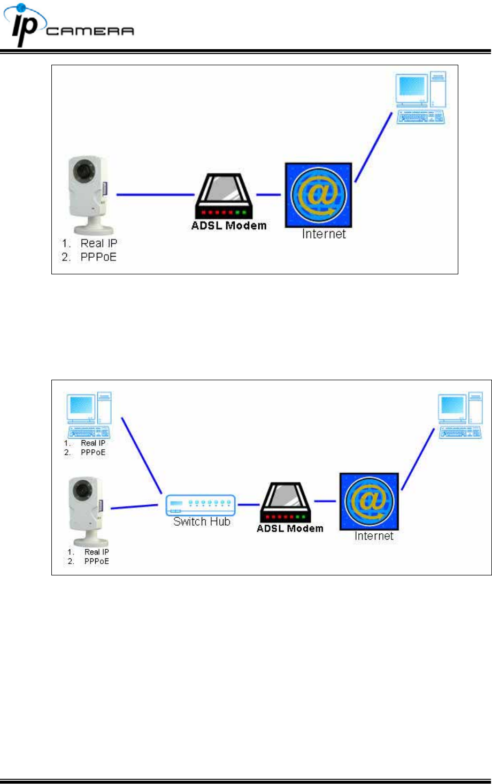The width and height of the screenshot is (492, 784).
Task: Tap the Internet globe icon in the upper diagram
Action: tap(318, 195)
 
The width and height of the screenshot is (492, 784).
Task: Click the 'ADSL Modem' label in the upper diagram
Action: tap(229, 226)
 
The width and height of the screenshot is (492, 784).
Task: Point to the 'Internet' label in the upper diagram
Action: tap(324, 234)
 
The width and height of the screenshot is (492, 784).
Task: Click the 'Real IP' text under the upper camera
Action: tap(98, 243)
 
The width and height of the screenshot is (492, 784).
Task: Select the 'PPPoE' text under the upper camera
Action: tap(98, 257)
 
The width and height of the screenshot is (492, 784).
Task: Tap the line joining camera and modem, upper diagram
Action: tap(155, 195)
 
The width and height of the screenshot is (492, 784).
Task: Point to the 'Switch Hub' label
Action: tap(202, 522)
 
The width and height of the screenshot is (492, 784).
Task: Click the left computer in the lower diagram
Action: tap(89, 415)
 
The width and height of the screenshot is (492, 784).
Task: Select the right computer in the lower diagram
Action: tap(460, 415)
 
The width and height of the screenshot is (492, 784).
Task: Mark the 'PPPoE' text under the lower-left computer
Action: tap(93, 452)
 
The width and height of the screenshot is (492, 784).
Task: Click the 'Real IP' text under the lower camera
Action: tap(96, 552)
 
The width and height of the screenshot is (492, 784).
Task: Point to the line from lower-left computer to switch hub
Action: tap(142, 455)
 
